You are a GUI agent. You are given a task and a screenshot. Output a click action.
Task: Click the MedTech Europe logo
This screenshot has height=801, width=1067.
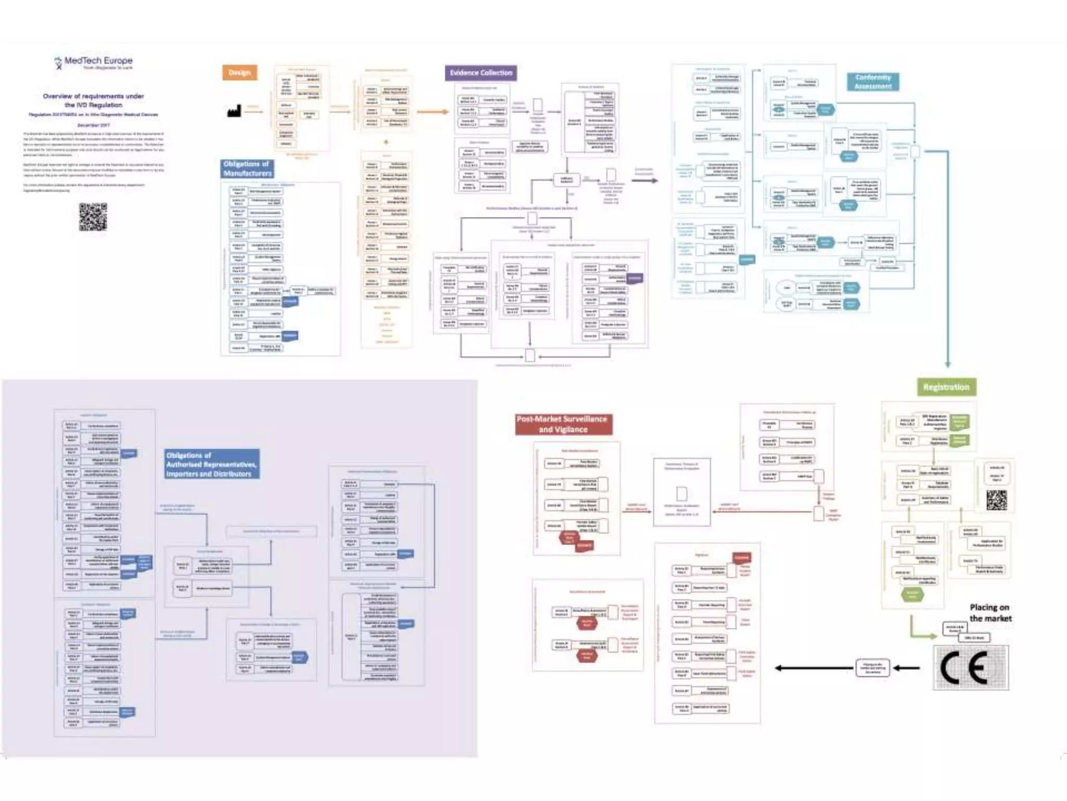click(94, 63)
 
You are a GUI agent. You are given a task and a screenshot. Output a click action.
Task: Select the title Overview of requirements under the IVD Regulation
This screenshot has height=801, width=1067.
click(93, 100)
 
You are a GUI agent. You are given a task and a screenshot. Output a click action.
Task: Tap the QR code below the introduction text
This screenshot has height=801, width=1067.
click(93, 217)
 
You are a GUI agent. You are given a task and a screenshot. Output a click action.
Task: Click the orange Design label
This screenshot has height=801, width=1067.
click(240, 72)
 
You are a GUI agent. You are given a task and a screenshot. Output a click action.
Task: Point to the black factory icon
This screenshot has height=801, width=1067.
click(234, 111)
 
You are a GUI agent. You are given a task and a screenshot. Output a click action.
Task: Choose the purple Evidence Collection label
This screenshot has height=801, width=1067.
click(481, 73)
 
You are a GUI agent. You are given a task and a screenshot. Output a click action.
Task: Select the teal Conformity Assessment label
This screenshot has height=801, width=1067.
click(873, 82)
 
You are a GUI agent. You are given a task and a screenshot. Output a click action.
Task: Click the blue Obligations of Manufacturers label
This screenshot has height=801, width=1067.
click(247, 168)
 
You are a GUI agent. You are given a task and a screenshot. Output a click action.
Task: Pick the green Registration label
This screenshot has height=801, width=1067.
click(946, 387)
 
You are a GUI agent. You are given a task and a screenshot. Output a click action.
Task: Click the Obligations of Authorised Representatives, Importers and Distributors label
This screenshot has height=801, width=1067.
click(212, 464)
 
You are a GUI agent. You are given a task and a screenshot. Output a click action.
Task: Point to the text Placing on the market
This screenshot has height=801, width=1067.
click(990, 613)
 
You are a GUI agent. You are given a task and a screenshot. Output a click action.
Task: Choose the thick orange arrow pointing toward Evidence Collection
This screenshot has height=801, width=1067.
click(432, 112)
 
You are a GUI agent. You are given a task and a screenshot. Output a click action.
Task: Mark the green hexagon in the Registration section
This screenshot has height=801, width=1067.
click(912, 594)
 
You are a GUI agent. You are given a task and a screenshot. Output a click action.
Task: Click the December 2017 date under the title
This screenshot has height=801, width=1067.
click(93, 125)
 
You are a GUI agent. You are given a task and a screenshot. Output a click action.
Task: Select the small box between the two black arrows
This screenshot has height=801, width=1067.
click(873, 667)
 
